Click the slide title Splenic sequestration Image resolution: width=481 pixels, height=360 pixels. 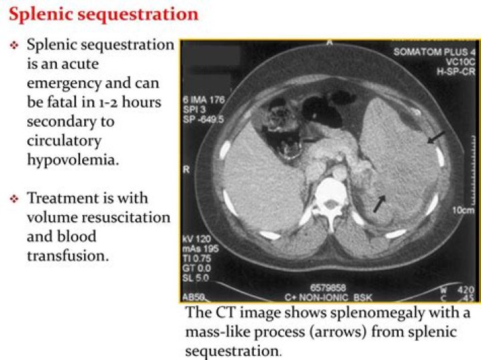tap(104, 14)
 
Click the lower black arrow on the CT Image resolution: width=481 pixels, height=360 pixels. tap(379, 203)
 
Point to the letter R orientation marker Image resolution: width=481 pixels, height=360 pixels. tap(186, 170)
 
